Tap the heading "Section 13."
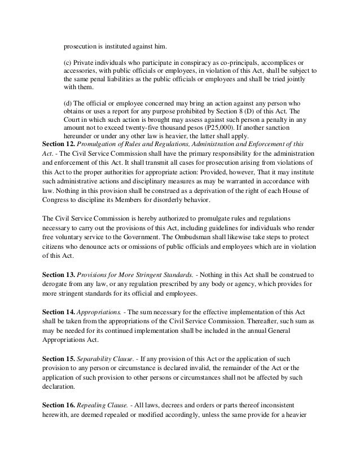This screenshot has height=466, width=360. point(58,274)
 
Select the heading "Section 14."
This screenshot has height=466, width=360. point(58,311)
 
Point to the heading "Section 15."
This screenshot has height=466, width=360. point(58,359)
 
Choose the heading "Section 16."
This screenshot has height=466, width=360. point(58,406)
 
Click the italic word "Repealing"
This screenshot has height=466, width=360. point(93,406)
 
